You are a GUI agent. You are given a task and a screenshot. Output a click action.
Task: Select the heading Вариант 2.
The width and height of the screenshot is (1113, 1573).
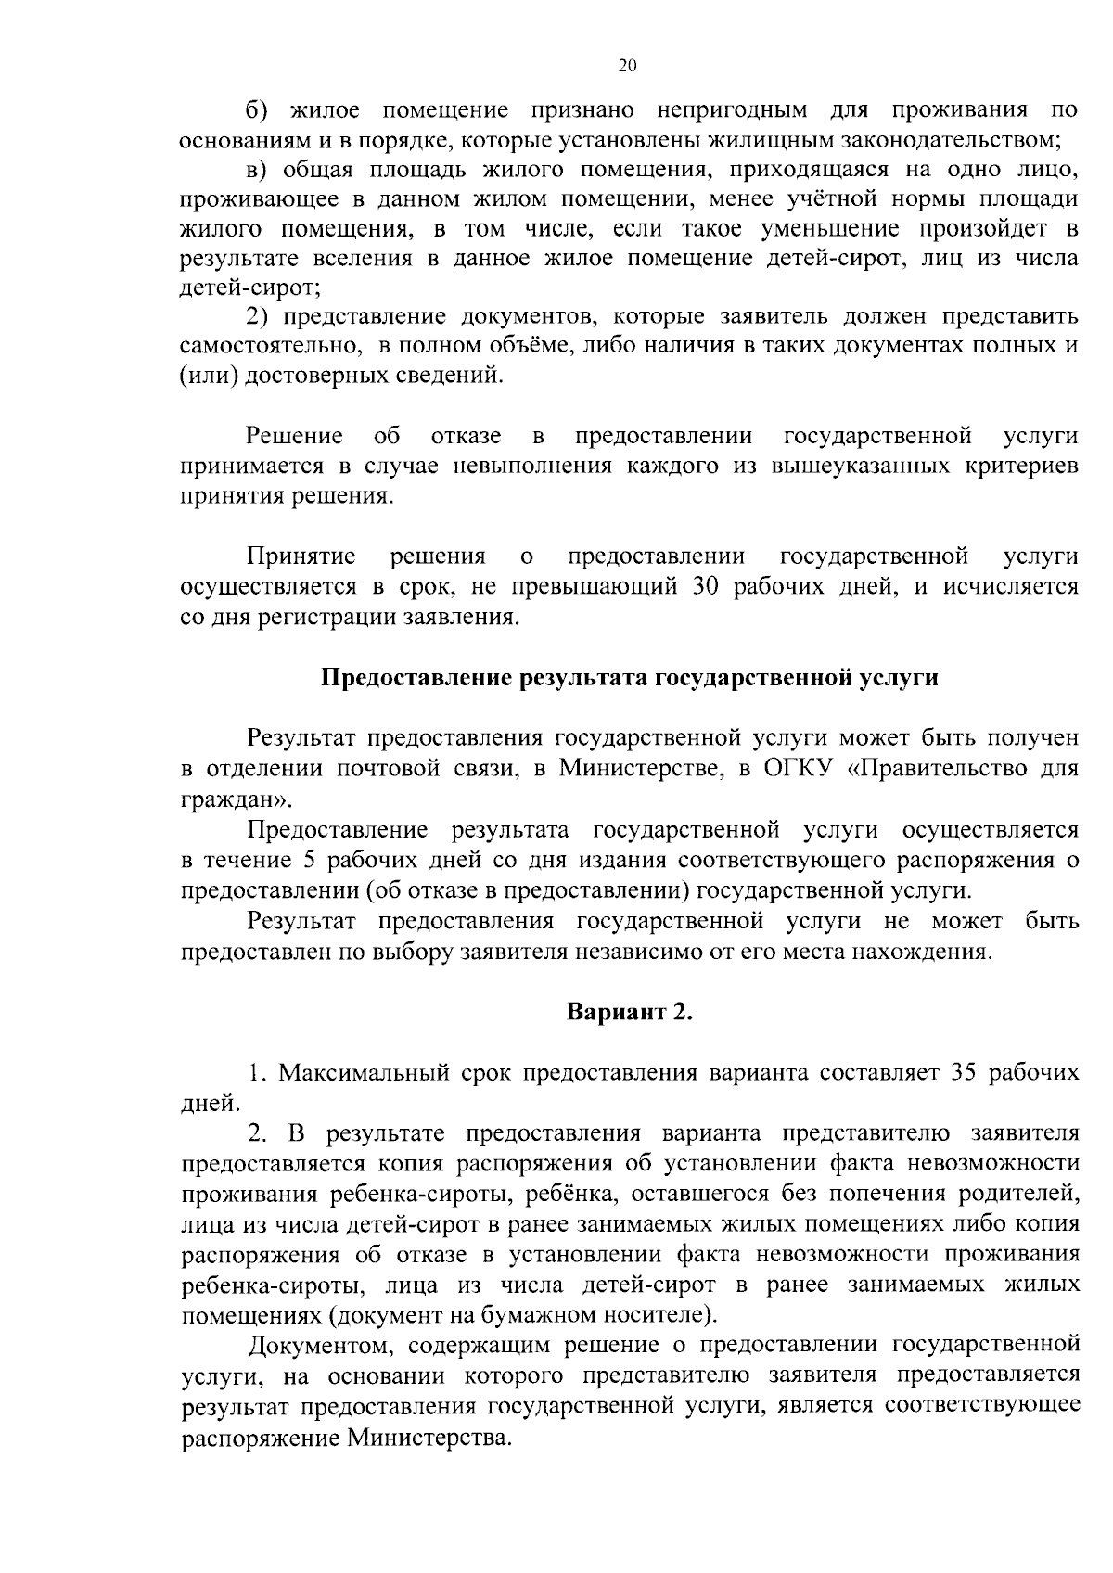(630, 1012)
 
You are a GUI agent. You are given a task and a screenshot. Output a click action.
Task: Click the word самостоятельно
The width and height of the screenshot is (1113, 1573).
(270, 346)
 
